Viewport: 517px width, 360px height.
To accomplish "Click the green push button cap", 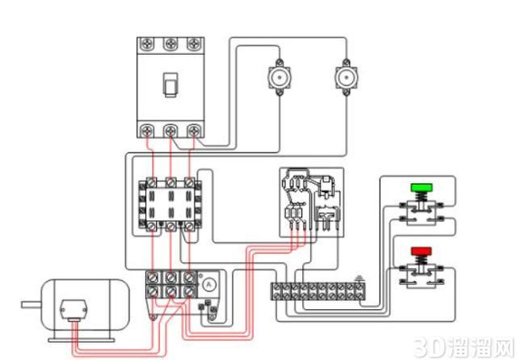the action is (x=422, y=187).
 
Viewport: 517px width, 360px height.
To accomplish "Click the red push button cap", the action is (x=422, y=251).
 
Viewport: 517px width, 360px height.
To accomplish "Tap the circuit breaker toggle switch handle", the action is (x=170, y=85).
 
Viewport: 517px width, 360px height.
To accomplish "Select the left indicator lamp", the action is (x=280, y=77).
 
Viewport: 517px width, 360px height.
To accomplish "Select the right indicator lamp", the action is (x=347, y=77).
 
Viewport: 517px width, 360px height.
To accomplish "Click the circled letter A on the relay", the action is (x=208, y=285).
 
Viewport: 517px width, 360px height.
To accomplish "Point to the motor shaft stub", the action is (x=32, y=304).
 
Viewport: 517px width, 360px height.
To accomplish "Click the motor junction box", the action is (x=74, y=310).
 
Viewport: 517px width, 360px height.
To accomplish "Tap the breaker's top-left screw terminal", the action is (x=147, y=44).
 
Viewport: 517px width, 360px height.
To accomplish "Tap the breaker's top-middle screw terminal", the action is (x=170, y=44).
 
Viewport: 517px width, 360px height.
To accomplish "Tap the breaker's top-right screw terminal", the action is (x=194, y=44).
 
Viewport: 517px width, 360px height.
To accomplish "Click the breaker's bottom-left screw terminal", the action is (x=147, y=131).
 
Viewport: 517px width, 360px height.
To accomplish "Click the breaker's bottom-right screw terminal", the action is (x=194, y=131).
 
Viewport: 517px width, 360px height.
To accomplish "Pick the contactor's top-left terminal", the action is (x=151, y=182).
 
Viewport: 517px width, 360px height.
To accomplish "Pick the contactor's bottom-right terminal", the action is (x=189, y=226).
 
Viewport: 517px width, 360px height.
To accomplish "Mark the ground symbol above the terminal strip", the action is (x=359, y=279).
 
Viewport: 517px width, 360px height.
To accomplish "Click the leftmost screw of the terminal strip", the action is (x=276, y=291).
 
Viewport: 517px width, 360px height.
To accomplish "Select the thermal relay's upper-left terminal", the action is (x=152, y=278).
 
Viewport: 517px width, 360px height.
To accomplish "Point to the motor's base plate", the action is (x=82, y=341).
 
